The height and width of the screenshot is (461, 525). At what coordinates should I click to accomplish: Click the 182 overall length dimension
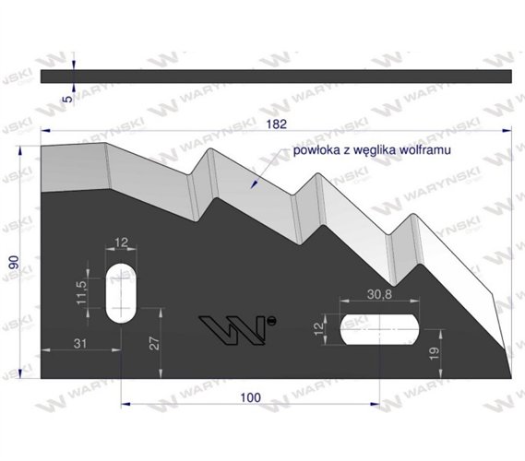[x=277, y=124]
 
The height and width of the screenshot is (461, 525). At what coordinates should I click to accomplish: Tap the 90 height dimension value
[x=14, y=263]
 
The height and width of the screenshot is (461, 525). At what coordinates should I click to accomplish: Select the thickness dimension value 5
[x=67, y=99]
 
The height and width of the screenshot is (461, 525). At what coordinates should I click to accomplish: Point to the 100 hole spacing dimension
[x=250, y=397]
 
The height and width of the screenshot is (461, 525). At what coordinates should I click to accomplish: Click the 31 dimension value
[x=80, y=344]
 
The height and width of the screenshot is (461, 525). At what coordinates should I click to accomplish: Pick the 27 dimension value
[x=155, y=344]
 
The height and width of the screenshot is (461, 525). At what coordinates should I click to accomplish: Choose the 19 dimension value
[x=434, y=354]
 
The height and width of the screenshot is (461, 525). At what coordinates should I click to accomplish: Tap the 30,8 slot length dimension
[x=379, y=294]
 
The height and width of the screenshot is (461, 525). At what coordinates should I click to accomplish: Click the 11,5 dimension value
[x=81, y=292]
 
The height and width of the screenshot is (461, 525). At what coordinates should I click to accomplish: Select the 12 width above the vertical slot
[x=121, y=242]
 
